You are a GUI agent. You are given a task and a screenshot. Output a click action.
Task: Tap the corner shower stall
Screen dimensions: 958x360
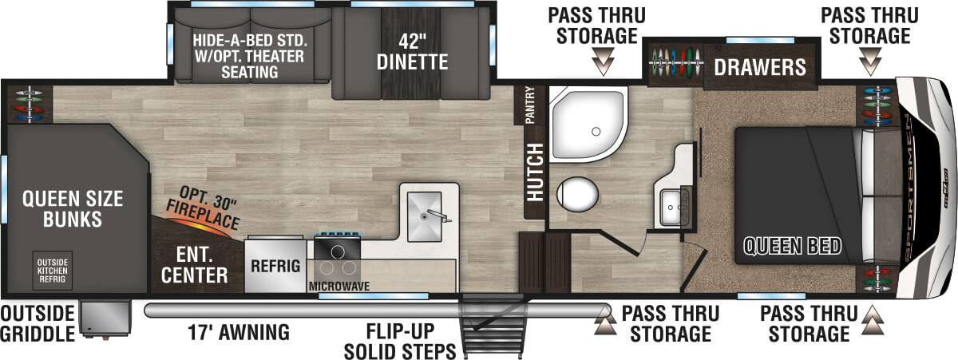click(x=588, y=125)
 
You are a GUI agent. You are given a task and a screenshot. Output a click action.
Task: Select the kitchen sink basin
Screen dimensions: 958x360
click(x=424, y=216)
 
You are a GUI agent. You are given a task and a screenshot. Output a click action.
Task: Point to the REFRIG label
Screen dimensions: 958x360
click(x=275, y=266)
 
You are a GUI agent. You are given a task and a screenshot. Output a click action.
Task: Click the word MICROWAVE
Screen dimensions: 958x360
click(x=339, y=286)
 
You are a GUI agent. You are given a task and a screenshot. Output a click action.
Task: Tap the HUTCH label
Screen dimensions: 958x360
click(x=535, y=172)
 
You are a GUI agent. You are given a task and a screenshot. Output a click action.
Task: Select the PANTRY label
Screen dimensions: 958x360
click(x=529, y=105)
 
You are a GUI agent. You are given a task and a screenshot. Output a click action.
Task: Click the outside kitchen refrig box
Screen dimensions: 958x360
click(x=52, y=271)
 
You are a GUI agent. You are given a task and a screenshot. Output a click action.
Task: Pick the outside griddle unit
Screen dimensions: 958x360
click(x=105, y=319)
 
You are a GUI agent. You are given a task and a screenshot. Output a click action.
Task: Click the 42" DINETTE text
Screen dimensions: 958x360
click(x=412, y=52)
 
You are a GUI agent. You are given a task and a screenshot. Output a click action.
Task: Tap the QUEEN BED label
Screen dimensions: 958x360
click(x=793, y=247)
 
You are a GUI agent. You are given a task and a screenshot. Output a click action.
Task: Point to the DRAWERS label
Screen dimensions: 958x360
click(x=760, y=67)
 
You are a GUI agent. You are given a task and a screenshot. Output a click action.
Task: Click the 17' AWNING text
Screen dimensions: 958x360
click(x=239, y=332)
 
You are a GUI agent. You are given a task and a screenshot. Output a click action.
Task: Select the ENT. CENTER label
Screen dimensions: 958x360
click(x=195, y=266)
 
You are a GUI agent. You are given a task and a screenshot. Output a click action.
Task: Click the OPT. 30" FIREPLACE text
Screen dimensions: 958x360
click(x=203, y=208)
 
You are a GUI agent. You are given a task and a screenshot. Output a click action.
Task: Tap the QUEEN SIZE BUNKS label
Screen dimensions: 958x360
click(x=73, y=209)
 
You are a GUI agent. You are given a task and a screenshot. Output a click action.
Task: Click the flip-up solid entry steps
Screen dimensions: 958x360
click(x=492, y=326)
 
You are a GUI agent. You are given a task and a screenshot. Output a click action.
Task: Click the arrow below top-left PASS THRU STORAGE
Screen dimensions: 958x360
click(x=603, y=61)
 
